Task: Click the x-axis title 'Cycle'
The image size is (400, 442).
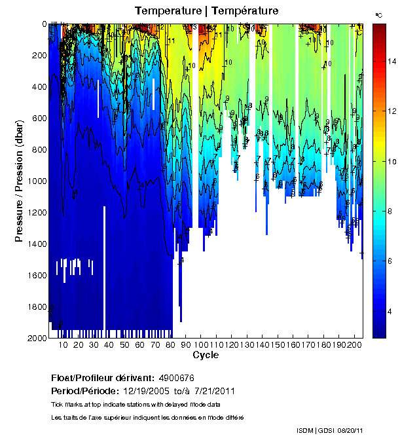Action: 206,355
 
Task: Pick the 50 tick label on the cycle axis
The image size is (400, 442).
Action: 124,344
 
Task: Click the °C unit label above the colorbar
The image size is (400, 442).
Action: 378,14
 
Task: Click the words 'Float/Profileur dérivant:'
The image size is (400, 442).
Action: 101,378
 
